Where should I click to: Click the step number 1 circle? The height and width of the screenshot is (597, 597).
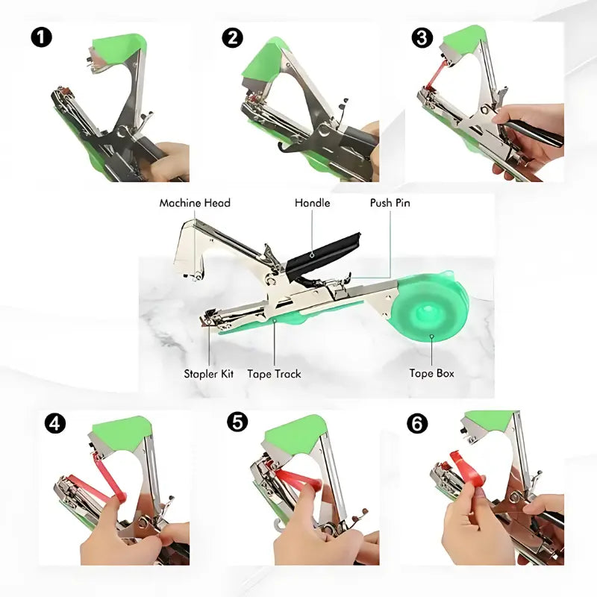41,37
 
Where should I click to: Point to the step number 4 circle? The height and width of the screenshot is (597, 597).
55,423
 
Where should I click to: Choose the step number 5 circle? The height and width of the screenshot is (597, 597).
237,422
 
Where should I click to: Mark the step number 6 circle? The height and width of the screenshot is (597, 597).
418,424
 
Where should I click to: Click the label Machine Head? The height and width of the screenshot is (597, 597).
195,203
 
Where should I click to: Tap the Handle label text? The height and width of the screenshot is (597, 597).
312,203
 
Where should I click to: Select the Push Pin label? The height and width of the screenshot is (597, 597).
390,203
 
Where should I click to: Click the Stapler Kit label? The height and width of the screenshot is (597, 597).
209,374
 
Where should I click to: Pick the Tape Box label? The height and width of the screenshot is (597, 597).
431,374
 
